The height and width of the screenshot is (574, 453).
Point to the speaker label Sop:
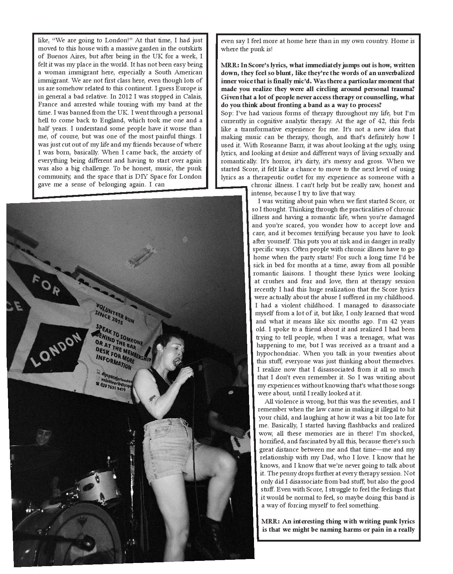coord(227,113)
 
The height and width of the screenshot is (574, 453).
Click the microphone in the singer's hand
coord(179,364)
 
